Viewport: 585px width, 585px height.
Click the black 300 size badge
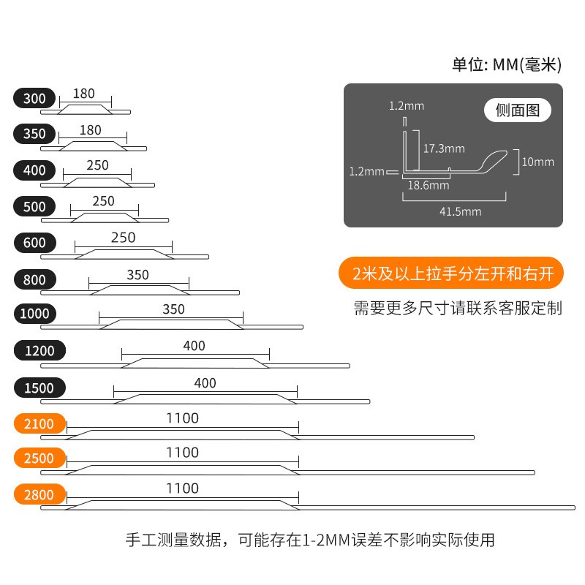[x=34, y=98]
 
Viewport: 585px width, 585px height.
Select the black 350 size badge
[x=34, y=134]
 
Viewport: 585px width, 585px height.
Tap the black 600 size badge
[x=34, y=243]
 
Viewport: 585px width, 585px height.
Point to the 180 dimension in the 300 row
[x=84, y=94]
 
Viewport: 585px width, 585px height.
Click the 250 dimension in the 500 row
[x=103, y=201]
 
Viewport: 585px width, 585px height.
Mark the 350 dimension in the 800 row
[x=137, y=275]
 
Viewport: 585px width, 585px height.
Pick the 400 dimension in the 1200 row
[x=195, y=346]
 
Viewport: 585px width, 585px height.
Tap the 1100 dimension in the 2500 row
[x=182, y=453]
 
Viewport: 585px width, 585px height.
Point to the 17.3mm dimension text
[x=444, y=148]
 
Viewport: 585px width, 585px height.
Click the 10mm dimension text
[x=539, y=162]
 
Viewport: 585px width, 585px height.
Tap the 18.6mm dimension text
[x=428, y=186]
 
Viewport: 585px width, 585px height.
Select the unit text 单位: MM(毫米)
[x=506, y=65]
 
